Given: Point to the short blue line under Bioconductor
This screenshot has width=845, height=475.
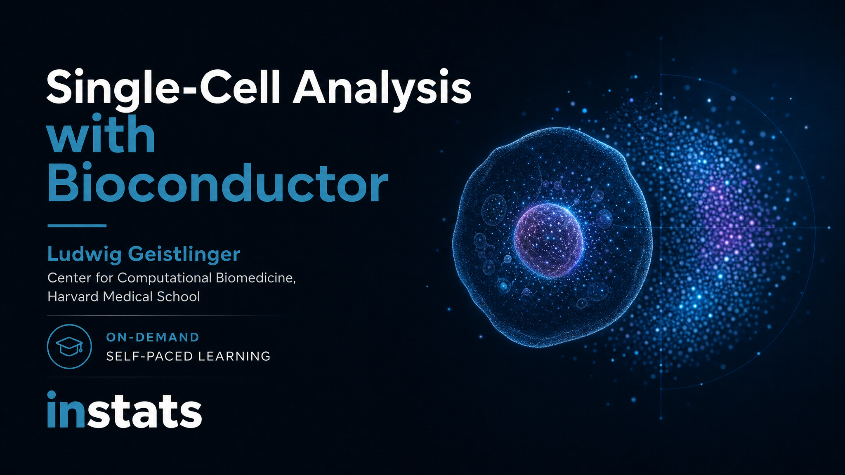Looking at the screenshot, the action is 77,226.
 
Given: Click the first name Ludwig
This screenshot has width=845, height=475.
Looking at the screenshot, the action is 85,254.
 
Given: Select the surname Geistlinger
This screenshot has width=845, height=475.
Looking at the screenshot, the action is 184,254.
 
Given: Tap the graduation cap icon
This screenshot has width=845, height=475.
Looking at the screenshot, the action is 69,346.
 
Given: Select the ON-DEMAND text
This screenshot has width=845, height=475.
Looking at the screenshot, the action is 153,337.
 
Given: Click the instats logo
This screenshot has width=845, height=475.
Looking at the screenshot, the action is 125,409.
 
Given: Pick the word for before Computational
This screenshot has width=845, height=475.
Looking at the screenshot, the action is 104,278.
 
